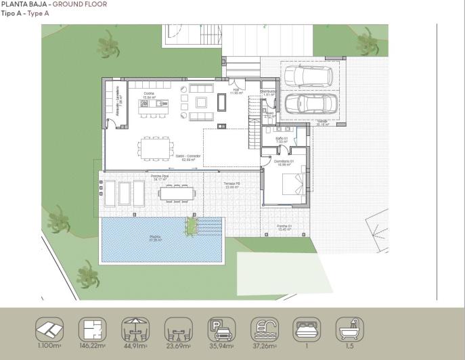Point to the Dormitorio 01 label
pyautogui.click(x=284, y=162)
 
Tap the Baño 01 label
pyautogui.click(x=282, y=139)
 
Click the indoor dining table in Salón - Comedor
pyautogui.click(x=156, y=146)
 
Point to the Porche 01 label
pyautogui.click(x=284, y=227)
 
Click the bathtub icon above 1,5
pyautogui.click(x=350, y=330)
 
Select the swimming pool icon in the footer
pyautogui.click(x=265, y=330)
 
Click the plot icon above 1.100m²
pyautogui.click(x=49, y=330)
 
